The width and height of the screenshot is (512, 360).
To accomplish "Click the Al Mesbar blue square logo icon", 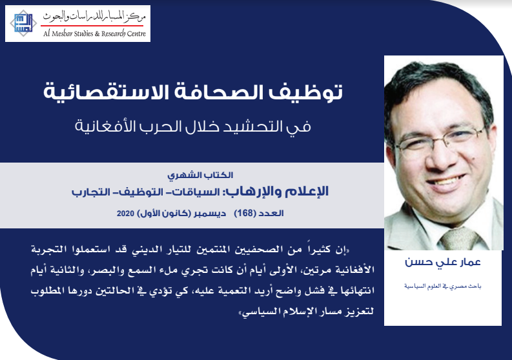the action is tap(23, 23).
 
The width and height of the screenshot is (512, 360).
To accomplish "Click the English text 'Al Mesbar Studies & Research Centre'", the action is tap(95, 34).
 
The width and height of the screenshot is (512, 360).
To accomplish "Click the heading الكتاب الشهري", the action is tap(200, 175).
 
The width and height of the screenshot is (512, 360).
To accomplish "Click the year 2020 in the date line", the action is tap(125, 214).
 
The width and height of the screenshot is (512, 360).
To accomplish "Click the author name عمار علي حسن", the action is tap(442, 262).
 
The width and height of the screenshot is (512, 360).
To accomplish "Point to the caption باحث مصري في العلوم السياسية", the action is tap(442, 286).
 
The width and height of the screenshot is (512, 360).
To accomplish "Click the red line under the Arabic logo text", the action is tap(92, 25).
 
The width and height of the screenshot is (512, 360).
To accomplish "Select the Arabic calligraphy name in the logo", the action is tap(95, 17).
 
